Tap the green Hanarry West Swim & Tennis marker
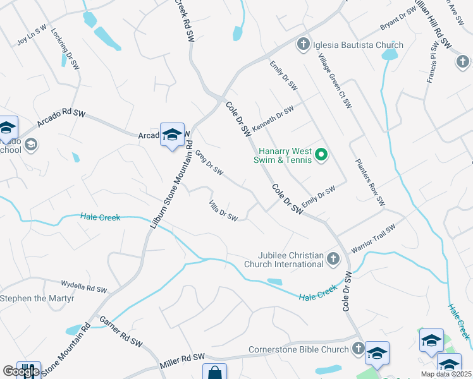[321, 154]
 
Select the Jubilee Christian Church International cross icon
[333, 258]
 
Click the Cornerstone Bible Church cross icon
[359, 349]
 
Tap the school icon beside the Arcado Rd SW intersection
[172, 135]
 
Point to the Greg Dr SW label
[209, 162]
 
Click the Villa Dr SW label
[223, 211]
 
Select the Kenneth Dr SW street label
[273, 118]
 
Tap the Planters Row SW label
[370, 182]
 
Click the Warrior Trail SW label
[373, 239]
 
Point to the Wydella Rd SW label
[84, 287]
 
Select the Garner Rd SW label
[121, 332]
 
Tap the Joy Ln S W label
[32, 36]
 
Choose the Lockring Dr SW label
[64, 47]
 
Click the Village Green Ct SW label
[335, 80]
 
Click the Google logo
[21, 371]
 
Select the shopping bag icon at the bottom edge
[214, 373]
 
